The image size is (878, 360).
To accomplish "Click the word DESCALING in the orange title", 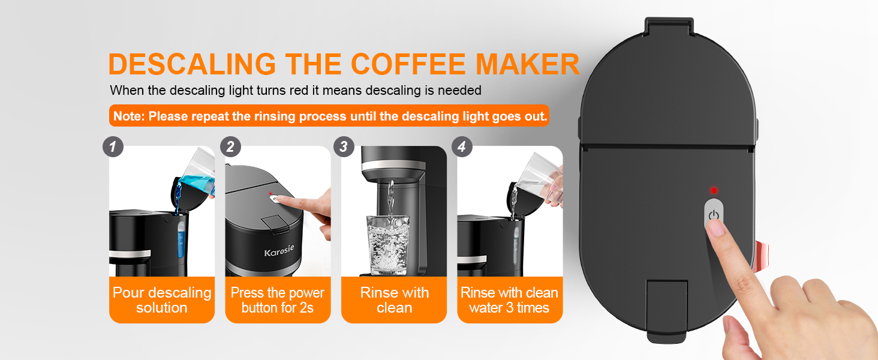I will click(x=192, y=64).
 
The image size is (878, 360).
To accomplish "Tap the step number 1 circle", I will click(x=113, y=147).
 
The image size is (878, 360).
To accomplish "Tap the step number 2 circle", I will click(x=230, y=147).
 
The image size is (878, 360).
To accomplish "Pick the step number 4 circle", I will click(x=462, y=147).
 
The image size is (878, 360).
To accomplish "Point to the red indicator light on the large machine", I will click(x=714, y=191).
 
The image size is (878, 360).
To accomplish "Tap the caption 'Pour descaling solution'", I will click(x=162, y=300).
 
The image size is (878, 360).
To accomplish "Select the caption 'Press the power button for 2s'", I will click(x=278, y=300).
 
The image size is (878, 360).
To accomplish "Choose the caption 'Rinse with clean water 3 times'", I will click(x=510, y=300).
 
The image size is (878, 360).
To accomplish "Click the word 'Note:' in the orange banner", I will click(x=129, y=116).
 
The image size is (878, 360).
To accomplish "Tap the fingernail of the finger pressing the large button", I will click(x=715, y=227).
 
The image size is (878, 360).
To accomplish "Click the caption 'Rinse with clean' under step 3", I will click(x=394, y=300).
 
